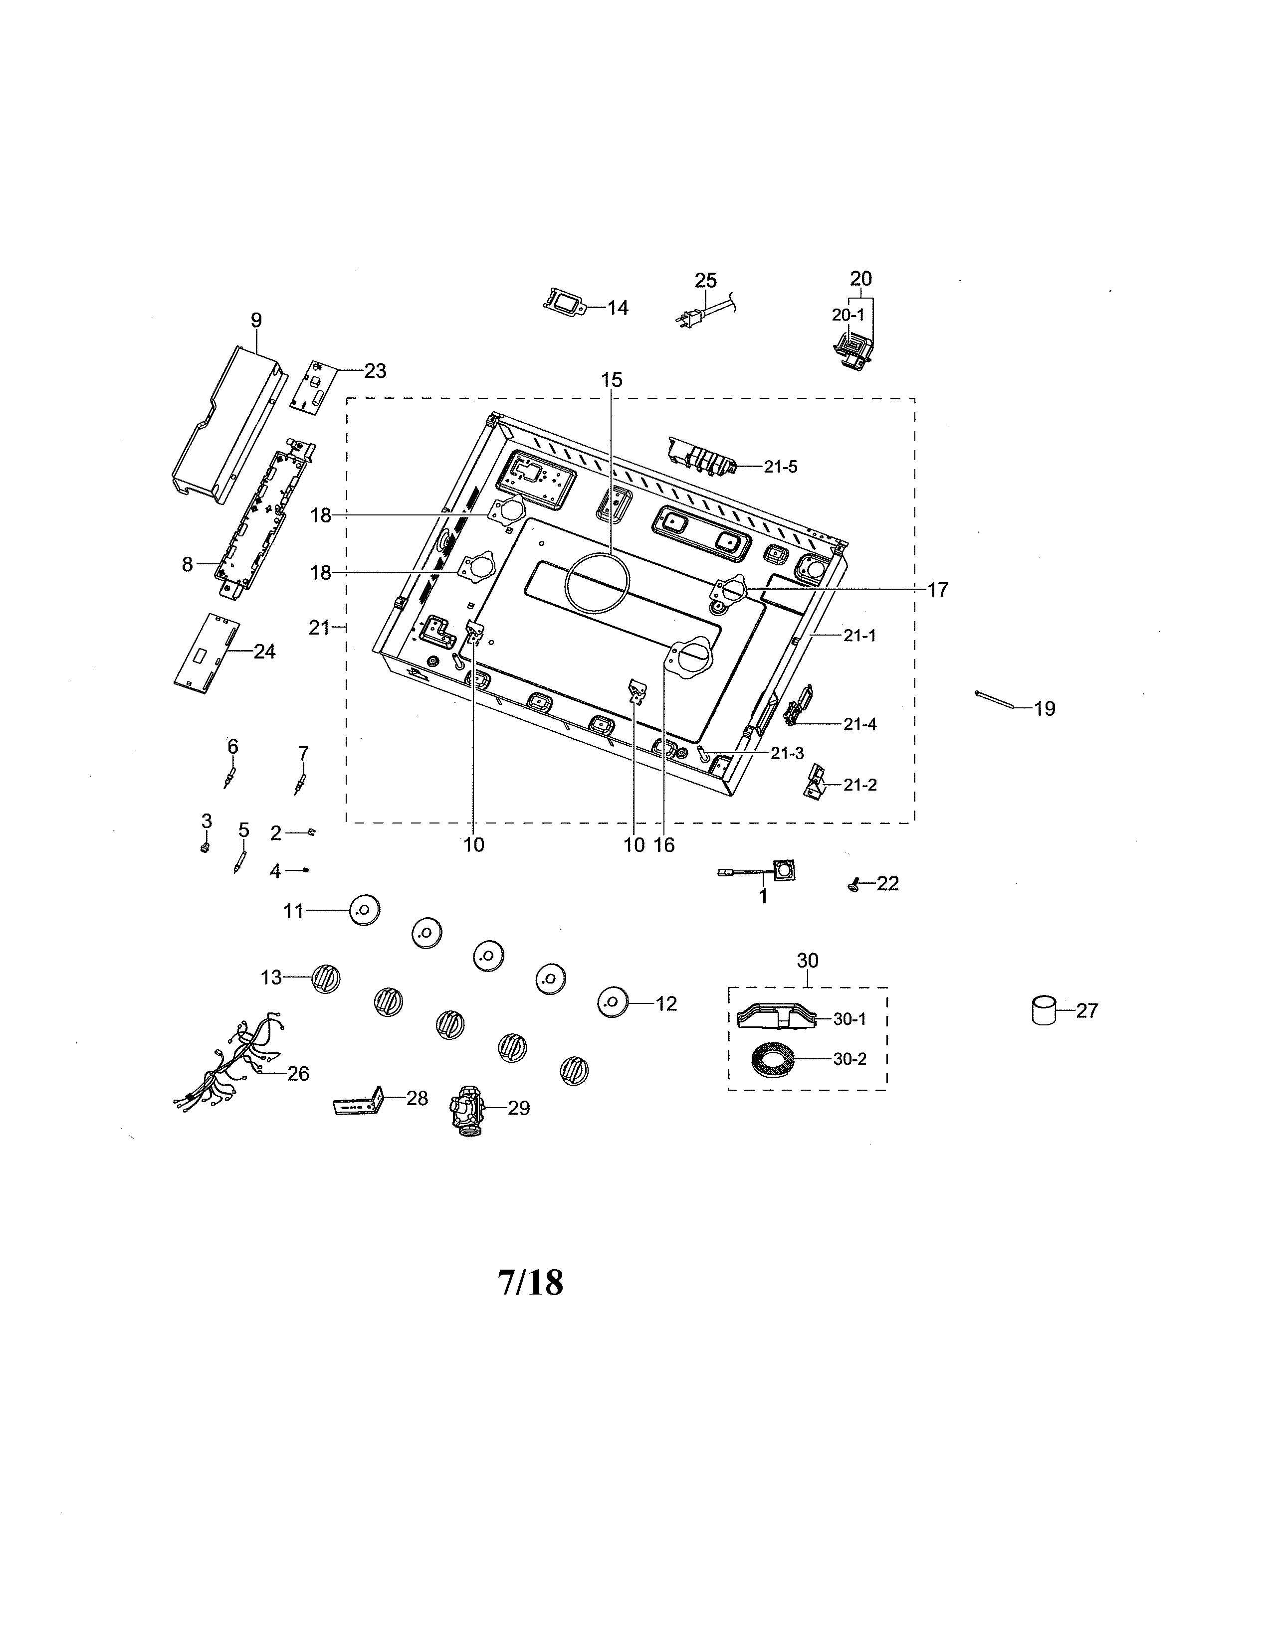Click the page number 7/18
click(531, 1282)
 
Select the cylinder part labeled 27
click(1044, 1010)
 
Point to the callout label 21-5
click(780, 466)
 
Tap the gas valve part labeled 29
click(466, 1107)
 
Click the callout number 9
click(256, 320)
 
